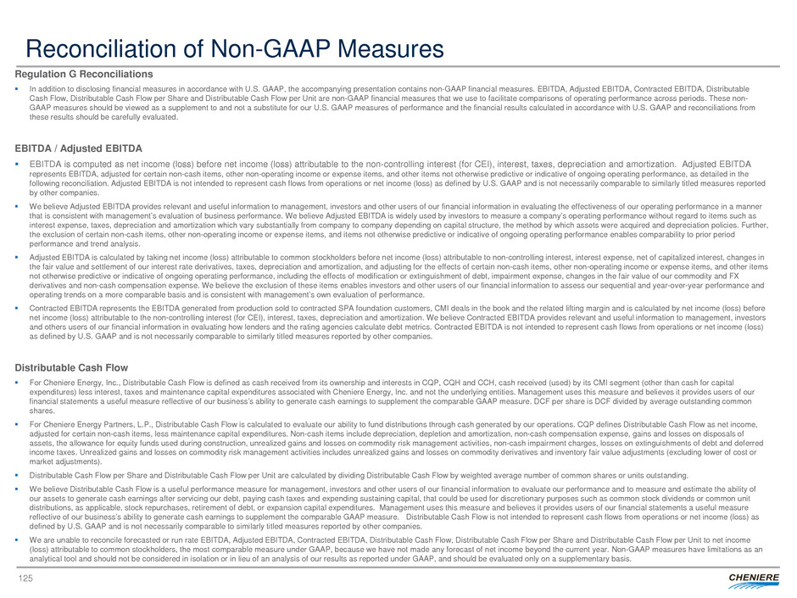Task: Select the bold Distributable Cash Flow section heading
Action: [x=71, y=367]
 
